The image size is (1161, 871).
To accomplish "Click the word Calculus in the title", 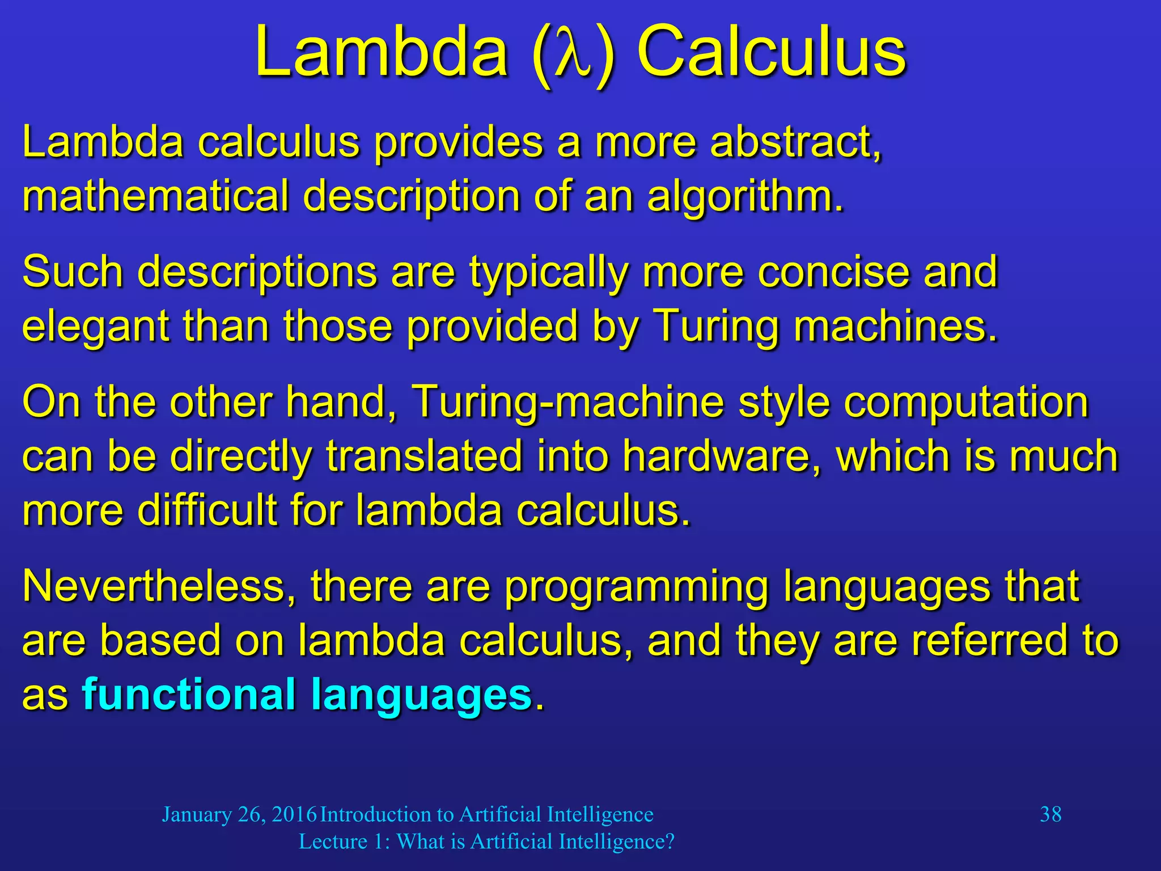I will point(772,53).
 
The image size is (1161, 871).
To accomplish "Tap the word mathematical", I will point(155,196).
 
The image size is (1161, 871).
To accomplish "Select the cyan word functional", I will point(188,695).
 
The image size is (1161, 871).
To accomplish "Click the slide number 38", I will point(1050,814).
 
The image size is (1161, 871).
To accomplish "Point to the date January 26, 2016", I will point(239,815).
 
